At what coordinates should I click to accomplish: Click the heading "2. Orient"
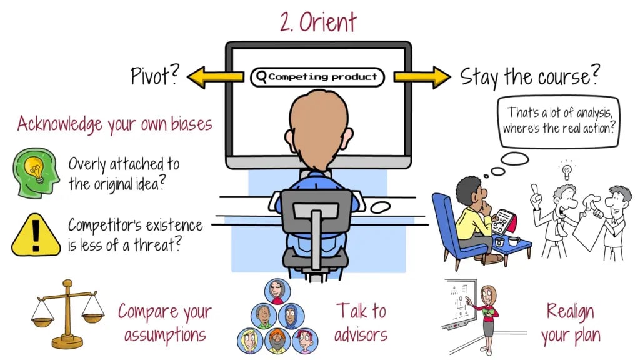[318, 22]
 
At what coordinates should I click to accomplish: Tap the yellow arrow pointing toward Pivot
[215, 77]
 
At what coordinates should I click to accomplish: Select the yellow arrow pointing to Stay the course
[422, 77]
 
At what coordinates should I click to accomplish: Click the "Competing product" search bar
[317, 77]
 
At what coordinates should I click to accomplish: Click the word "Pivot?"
[155, 75]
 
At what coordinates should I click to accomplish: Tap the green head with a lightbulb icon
[36, 173]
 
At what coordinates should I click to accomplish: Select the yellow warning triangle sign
[36, 236]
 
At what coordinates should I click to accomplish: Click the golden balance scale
[67, 314]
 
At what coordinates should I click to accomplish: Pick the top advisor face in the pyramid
[277, 291]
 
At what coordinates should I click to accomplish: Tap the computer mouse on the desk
[381, 207]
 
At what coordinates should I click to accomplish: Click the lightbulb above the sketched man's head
[566, 171]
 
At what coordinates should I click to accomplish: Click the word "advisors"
[361, 336]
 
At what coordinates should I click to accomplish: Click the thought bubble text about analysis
[558, 121]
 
